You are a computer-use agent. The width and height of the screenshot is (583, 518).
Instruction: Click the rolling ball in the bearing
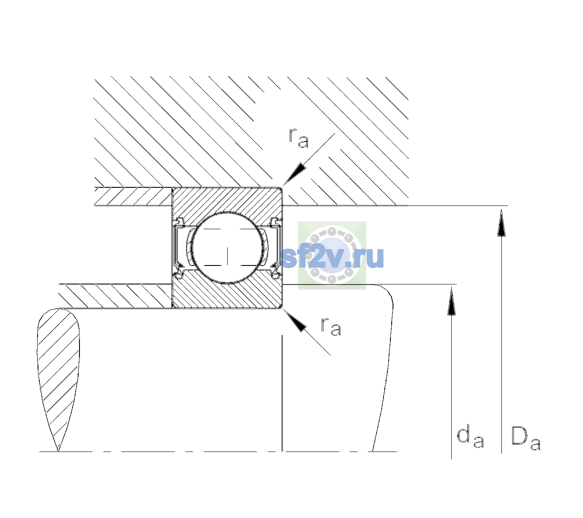pos(227,248)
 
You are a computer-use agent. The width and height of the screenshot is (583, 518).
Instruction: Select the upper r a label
pos(299,138)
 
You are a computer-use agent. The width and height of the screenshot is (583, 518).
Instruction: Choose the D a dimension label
pos(526,439)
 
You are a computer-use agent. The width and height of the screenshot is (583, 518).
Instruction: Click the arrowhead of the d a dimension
pos(451,301)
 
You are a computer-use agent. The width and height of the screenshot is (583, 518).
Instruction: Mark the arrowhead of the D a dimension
pos(501,223)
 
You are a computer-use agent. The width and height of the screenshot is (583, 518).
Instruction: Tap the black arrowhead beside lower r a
pos(295,321)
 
